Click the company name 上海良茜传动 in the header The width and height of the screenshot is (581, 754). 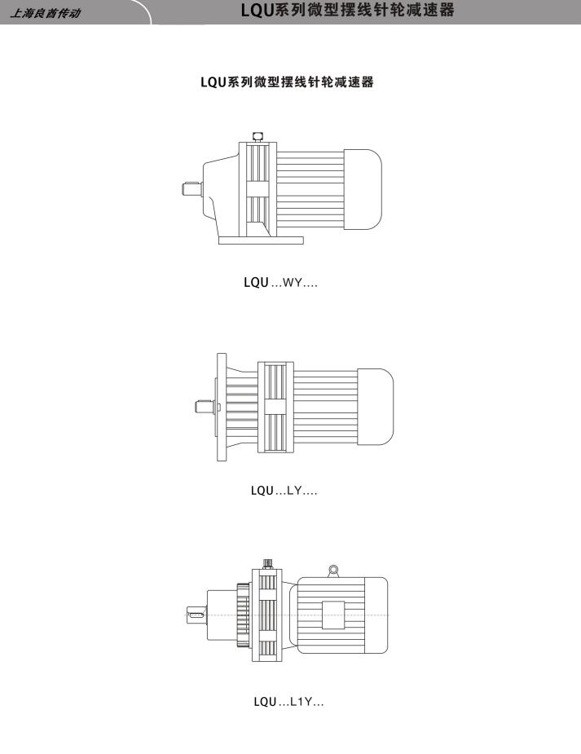(x=46, y=13)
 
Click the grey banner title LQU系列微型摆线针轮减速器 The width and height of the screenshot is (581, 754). (x=347, y=10)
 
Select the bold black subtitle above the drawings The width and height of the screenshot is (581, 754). (x=287, y=82)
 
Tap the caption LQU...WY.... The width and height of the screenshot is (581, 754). (x=280, y=282)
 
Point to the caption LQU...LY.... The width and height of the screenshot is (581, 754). (x=284, y=491)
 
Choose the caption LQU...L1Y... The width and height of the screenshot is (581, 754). (x=288, y=702)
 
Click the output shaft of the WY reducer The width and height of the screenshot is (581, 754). (x=191, y=188)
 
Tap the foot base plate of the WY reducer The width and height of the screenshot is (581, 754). (x=261, y=240)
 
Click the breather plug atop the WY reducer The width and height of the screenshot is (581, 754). (x=257, y=137)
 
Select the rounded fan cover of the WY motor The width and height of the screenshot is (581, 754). (x=363, y=189)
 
